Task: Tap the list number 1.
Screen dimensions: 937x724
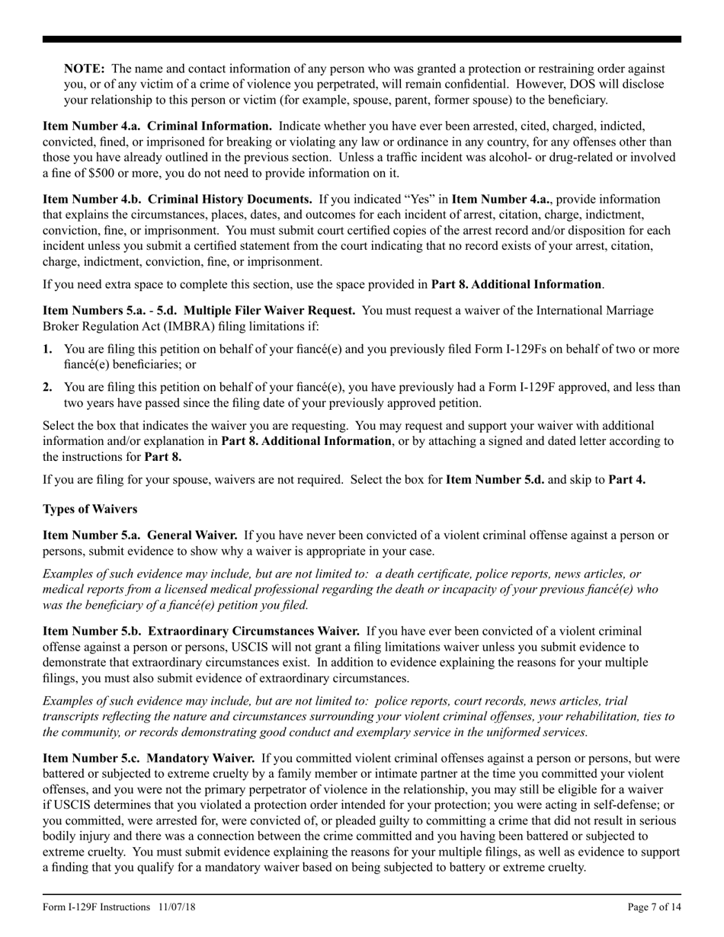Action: pos(47,349)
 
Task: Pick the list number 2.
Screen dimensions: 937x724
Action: pos(47,387)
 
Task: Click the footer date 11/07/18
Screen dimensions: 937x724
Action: pos(178,907)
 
